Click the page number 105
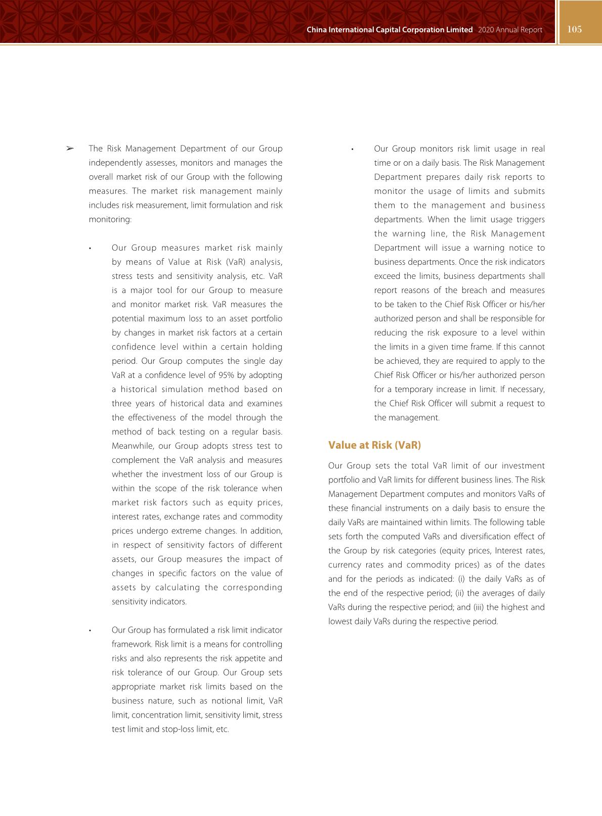(575, 29)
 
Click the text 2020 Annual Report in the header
(509, 30)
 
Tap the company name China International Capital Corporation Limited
(390, 30)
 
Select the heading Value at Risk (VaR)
(374, 445)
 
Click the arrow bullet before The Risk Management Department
(70, 149)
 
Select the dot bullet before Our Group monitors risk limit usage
(352, 149)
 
